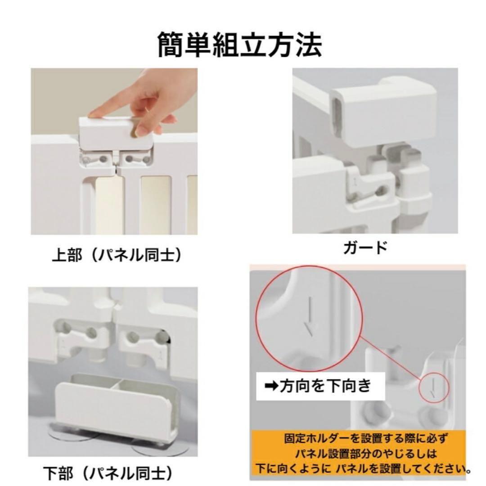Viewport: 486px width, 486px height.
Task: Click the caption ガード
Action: click(x=364, y=248)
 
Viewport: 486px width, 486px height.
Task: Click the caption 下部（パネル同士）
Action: click(x=108, y=472)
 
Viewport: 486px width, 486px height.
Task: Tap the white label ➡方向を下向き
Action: click(x=320, y=386)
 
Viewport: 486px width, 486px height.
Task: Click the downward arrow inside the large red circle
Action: click(x=309, y=317)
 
